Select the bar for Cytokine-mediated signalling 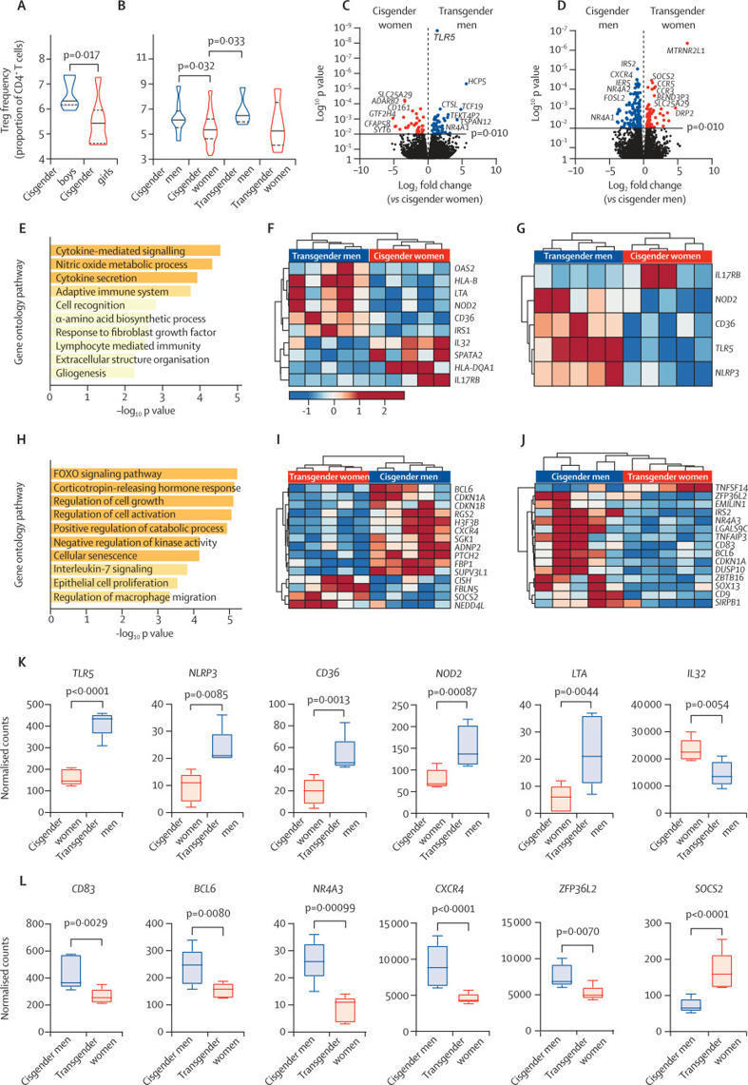click(x=134, y=250)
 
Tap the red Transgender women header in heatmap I click(x=324, y=475)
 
